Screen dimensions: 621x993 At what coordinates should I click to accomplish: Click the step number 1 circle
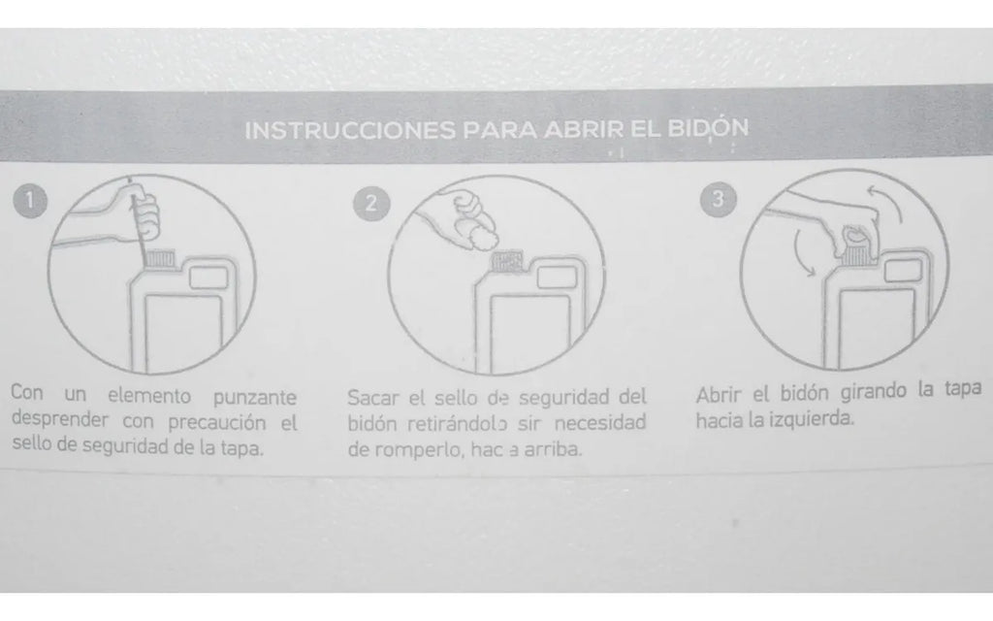(x=30, y=201)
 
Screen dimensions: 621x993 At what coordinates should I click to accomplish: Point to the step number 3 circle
(x=717, y=199)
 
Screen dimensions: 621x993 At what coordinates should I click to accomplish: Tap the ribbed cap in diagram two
(x=506, y=263)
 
